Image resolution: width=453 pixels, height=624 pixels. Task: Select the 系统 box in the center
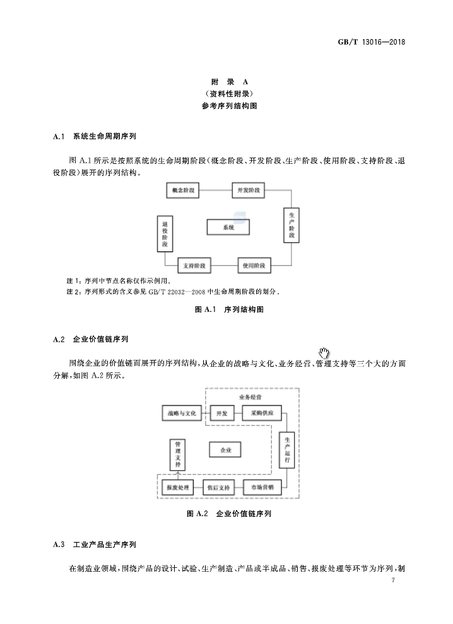pos(228,227)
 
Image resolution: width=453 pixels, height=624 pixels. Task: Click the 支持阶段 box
pos(195,265)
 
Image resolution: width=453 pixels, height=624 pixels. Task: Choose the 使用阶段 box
pos(254,265)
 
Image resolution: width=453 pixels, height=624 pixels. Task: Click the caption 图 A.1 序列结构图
pos(228,309)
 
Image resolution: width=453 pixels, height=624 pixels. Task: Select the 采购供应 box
pos(262,413)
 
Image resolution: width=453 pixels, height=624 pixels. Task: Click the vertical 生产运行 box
pos(287,450)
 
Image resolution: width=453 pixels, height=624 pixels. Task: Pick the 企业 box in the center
pos(226,450)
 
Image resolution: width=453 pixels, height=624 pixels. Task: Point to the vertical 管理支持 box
pos(178,454)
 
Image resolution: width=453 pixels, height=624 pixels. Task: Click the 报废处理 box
pos(178,488)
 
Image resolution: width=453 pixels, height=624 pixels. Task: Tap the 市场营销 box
pos(262,488)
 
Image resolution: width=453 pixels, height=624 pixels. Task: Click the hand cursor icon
pos(325,353)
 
